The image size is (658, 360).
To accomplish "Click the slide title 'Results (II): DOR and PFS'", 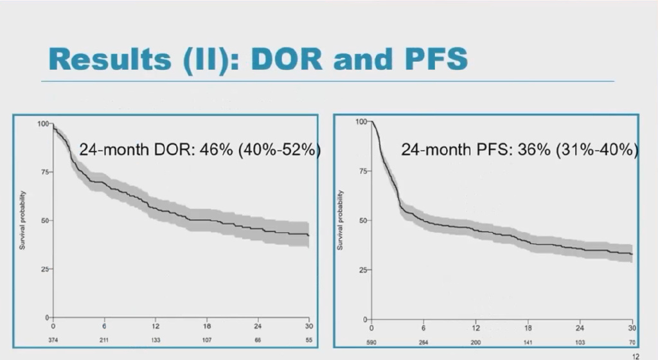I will (257, 59).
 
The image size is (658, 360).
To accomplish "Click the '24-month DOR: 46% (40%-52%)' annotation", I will (200, 149).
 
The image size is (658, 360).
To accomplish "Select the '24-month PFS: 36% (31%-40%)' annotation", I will (519, 150).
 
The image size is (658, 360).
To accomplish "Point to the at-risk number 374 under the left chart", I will (53, 339).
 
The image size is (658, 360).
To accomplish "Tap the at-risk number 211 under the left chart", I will (104, 339).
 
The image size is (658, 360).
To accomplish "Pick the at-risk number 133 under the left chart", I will (156, 339).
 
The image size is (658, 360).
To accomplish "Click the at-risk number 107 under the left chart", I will (207, 339).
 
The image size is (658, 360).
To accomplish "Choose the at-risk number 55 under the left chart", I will (308, 339).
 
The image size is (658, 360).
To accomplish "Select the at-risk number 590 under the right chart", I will (372, 341).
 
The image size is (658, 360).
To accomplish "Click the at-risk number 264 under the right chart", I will (424, 341).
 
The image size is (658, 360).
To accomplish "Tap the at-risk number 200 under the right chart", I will (476, 341).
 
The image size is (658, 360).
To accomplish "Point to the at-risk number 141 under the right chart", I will (528, 341).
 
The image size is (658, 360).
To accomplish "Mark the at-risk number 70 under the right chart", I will (632, 341).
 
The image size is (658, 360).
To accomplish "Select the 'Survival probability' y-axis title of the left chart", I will (23, 221).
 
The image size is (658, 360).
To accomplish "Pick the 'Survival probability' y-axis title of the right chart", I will (341, 221).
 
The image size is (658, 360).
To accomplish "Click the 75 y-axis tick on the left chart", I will (44, 172).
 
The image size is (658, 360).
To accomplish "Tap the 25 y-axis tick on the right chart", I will (362, 270).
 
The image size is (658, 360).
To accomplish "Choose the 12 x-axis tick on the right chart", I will (476, 328).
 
